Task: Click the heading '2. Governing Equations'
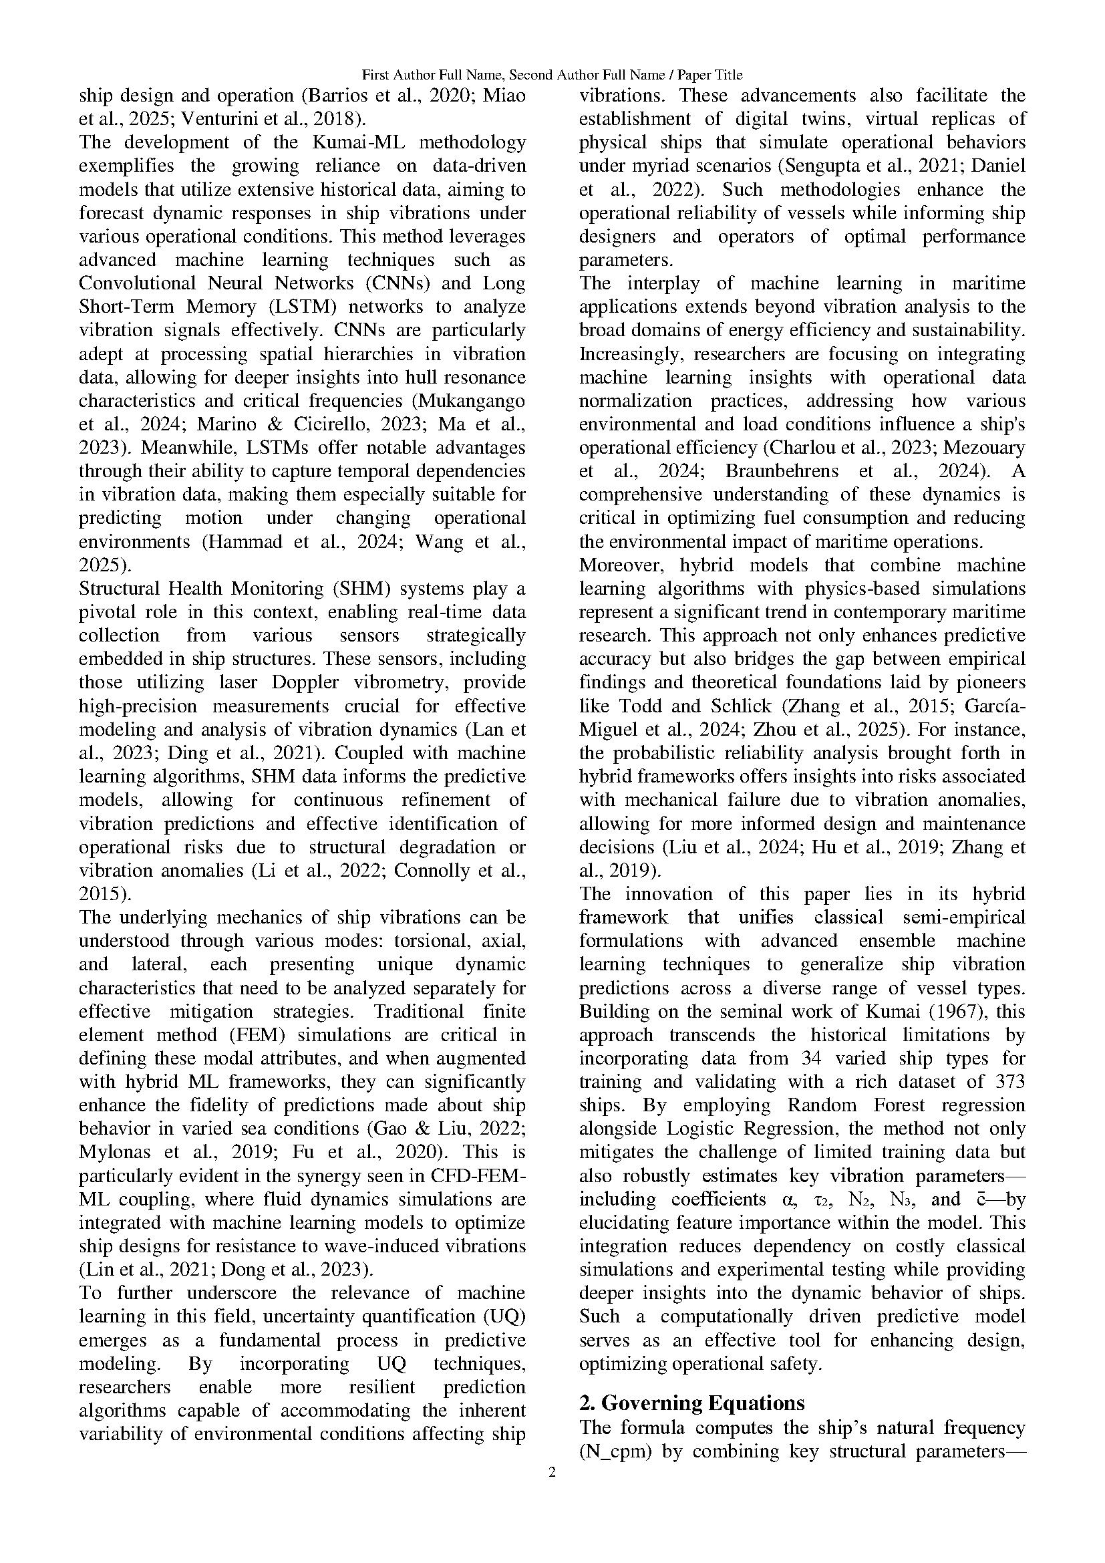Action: [x=691, y=1403]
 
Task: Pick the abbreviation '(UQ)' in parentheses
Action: [x=502, y=1316]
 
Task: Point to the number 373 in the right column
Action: [x=1009, y=1082]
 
